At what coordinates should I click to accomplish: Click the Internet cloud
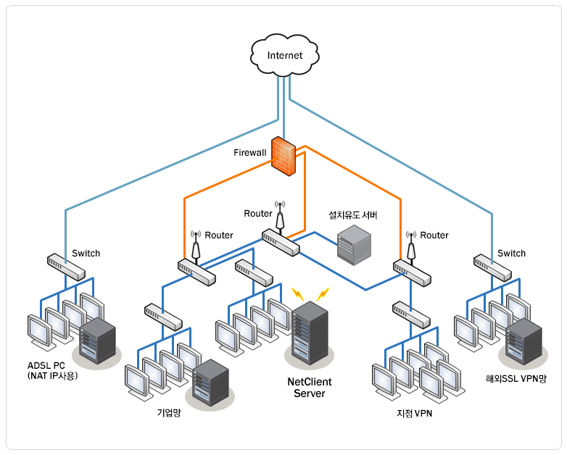pyautogui.click(x=284, y=55)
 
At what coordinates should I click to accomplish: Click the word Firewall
pyautogui.click(x=249, y=153)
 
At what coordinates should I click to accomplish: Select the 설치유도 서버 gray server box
pyautogui.click(x=354, y=244)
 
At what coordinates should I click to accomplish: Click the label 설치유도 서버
pyautogui.click(x=353, y=215)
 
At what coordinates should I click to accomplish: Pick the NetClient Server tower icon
pyautogui.click(x=309, y=332)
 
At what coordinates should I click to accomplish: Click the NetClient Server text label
pyautogui.click(x=309, y=388)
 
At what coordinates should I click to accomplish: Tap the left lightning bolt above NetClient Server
pyautogui.click(x=298, y=293)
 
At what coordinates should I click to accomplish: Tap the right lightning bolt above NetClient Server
pyautogui.click(x=322, y=294)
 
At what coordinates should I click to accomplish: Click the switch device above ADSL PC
pyautogui.click(x=66, y=267)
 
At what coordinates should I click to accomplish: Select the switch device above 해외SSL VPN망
pyautogui.click(x=493, y=267)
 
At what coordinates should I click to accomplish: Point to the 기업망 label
pyautogui.click(x=169, y=412)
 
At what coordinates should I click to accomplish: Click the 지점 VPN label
pyautogui.click(x=414, y=413)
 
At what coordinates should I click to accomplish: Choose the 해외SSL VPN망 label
pyautogui.click(x=516, y=378)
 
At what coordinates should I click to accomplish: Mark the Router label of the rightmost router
pyautogui.click(x=434, y=235)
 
